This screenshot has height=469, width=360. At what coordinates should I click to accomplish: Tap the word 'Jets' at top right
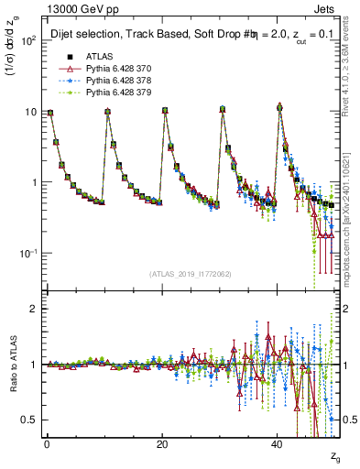point(327,7)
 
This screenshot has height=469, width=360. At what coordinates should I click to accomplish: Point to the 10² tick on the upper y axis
point(28,41)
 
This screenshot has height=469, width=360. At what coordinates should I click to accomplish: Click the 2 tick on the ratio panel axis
point(33,309)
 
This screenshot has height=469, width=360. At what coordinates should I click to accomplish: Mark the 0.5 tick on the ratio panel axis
point(29,420)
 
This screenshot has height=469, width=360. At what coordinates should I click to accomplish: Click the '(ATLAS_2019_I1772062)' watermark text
point(191,274)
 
